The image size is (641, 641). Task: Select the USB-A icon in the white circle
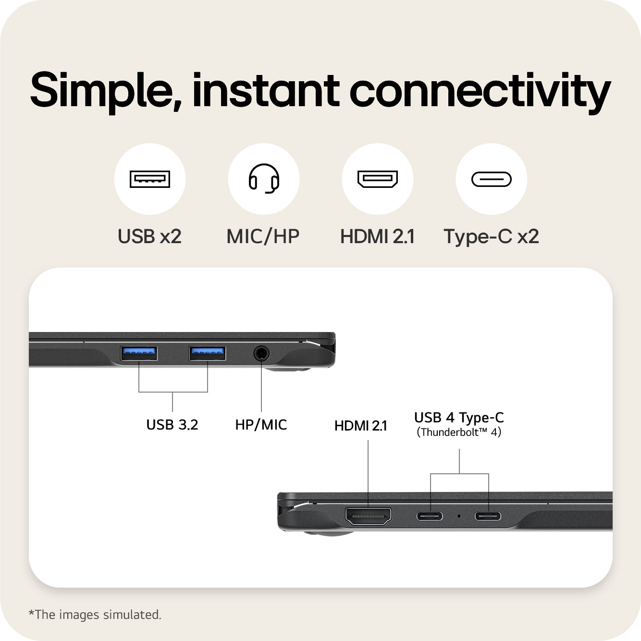(x=150, y=179)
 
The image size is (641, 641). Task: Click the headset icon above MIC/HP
(x=264, y=178)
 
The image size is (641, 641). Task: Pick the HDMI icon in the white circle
(x=378, y=179)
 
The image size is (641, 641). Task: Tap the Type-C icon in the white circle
(x=491, y=179)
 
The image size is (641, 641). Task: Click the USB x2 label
(x=150, y=236)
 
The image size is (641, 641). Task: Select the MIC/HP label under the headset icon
(x=263, y=236)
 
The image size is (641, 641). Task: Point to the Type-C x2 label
(x=491, y=237)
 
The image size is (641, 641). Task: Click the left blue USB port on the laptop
(x=139, y=353)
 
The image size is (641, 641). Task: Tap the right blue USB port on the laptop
(x=207, y=353)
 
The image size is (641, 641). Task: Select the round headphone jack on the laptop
(x=261, y=354)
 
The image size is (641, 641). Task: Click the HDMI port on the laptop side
(x=368, y=516)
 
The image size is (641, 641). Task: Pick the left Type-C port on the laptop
(x=430, y=516)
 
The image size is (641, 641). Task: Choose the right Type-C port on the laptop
(x=488, y=516)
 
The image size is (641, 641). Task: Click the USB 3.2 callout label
(x=172, y=425)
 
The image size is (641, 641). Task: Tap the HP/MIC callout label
(x=261, y=425)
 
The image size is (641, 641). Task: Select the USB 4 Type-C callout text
(x=459, y=418)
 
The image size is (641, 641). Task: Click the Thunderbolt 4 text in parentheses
(x=459, y=432)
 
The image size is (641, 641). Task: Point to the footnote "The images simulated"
(x=95, y=615)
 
